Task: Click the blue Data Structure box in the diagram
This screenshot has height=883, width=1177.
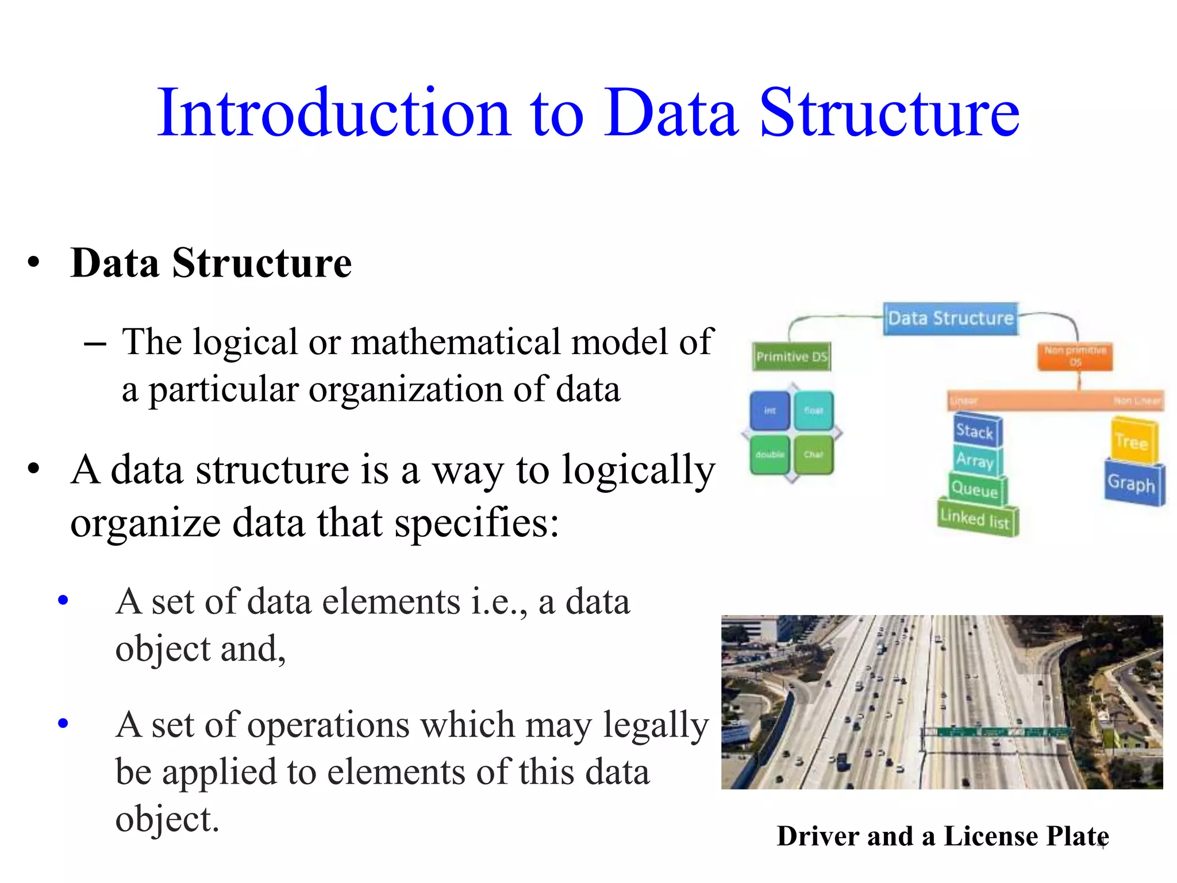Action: (951, 318)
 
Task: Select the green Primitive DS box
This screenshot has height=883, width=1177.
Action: (791, 357)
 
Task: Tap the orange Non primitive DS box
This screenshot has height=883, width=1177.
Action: (1075, 356)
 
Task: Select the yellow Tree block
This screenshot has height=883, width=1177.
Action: (1132, 441)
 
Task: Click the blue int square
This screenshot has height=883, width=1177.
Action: (770, 410)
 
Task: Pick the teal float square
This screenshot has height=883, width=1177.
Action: (813, 410)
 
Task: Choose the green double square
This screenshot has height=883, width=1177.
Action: (770, 454)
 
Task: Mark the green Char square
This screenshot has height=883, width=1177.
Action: (813, 454)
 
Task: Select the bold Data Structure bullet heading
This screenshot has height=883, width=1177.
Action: (211, 263)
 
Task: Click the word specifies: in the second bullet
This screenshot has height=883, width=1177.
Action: (476, 523)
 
